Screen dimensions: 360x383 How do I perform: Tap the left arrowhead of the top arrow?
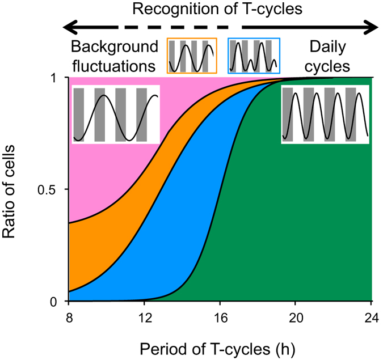pyautogui.click(x=71, y=27)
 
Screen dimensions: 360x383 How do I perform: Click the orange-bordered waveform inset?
pyautogui.click(x=191, y=56)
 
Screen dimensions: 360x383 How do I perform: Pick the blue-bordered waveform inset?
pyautogui.click(x=252, y=56)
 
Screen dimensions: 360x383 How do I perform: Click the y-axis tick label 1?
pyautogui.click(x=57, y=79)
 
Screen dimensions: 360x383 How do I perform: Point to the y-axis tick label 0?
pyautogui.click(x=57, y=302)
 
